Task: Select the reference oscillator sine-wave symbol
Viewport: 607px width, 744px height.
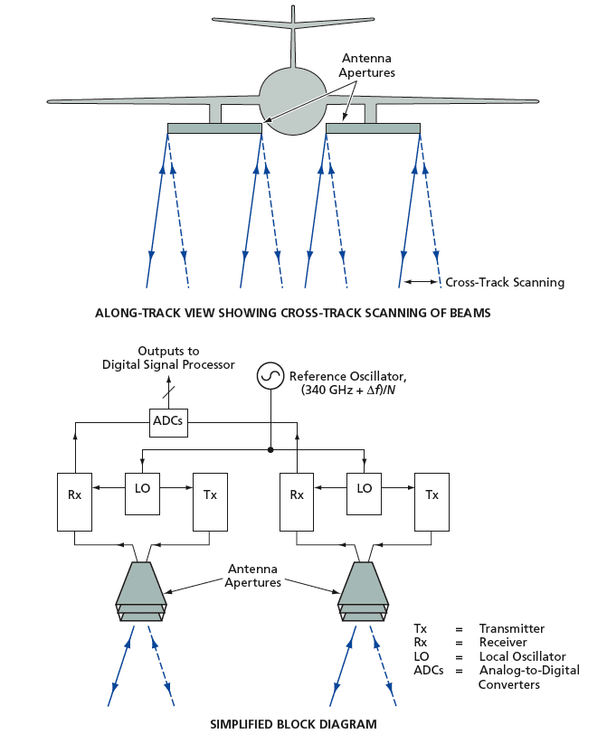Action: tap(270, 375)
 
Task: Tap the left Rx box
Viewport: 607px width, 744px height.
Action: tap(75, 495)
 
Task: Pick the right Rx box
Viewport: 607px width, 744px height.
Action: tap(297, 495)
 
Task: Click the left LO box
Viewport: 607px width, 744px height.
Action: tap(142, 488)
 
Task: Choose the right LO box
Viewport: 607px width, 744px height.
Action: tap(365, 488)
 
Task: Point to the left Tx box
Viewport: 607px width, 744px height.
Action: tap(210, 495)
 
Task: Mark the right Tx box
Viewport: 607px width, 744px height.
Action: tap(432, 495)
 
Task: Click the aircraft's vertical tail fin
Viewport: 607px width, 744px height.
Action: tap(293, 41)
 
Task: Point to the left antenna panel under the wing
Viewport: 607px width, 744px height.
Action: tap(214, 128)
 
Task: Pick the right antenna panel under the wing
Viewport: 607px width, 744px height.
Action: tap(373, 128)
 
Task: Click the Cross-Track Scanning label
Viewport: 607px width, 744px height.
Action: tap(504, 282)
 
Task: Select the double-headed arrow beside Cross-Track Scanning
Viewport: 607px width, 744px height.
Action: tap(421, 282)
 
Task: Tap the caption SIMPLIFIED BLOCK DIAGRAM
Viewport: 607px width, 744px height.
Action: tap(293, 724)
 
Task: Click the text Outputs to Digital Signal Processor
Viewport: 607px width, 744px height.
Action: tap(168, 357)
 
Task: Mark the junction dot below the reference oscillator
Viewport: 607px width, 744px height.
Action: tap(270, 447)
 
